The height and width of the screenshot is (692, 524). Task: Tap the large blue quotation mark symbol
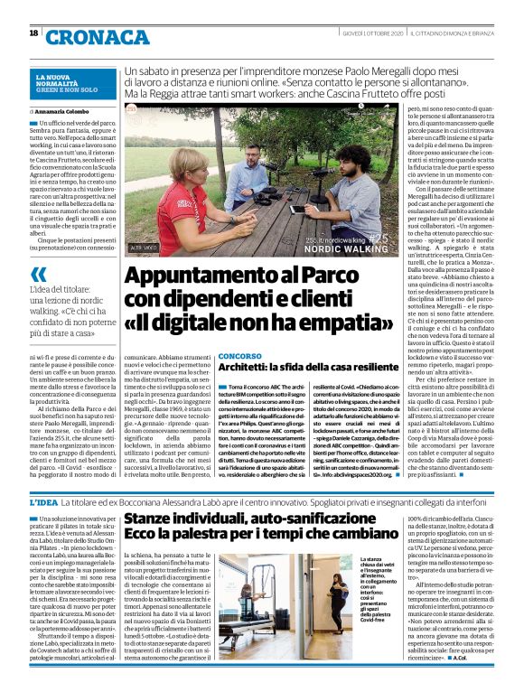pos(39,275)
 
